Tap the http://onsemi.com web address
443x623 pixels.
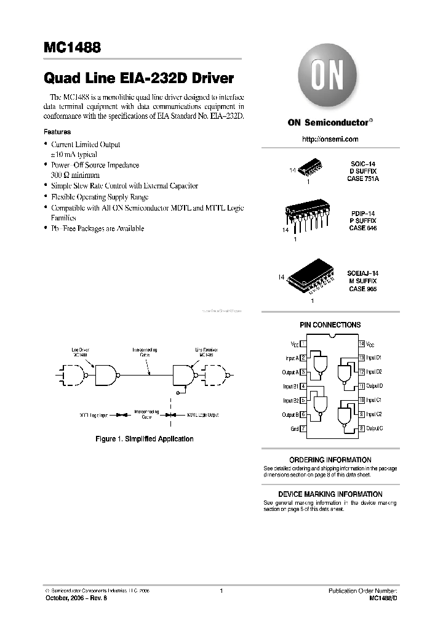[330, 140]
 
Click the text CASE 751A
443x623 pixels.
[362, 179]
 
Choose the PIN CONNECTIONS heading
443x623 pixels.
[330, 325]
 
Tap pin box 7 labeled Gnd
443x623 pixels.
[303, 428]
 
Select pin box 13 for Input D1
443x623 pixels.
[362, 358]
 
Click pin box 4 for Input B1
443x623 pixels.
[303, 386]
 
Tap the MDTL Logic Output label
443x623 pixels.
[202, 416]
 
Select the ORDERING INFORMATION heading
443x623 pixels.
[330, 460]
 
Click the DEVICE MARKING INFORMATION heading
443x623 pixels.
[330, 494]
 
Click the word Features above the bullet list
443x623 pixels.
[57, 132]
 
